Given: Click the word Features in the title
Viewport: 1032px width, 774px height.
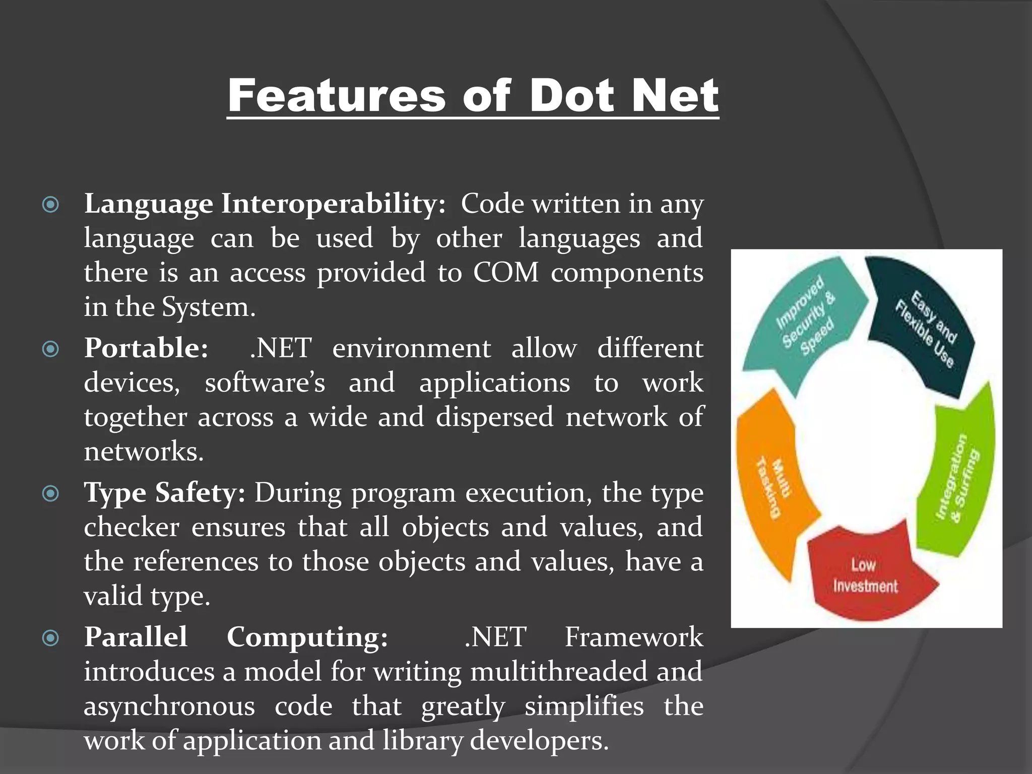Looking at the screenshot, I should [x=336, y=96].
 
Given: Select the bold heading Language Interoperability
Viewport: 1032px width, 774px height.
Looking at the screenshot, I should [x=265, y=205].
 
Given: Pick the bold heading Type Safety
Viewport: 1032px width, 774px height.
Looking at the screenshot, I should [x=164, y=493].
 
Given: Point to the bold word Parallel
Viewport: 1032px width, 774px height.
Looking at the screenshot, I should [x=136, y=637].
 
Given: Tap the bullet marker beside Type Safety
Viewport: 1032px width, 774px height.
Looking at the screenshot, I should [x=51, y=493].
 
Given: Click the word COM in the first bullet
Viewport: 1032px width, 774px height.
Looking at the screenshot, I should [x=505, y=273].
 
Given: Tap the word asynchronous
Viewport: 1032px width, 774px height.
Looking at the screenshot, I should [x=169, y=706].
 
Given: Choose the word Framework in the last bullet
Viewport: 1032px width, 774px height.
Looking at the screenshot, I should [x=633, y=637].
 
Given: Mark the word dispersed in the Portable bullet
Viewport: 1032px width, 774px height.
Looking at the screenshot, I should [x=494, y=418].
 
